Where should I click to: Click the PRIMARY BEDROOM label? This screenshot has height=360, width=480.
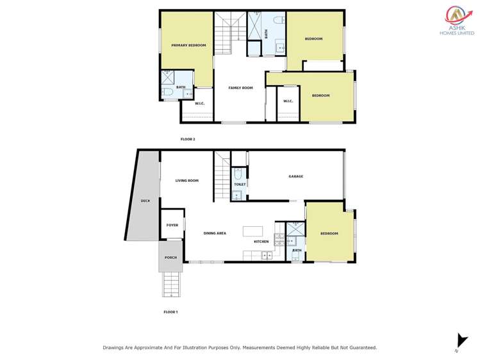coord(188,45)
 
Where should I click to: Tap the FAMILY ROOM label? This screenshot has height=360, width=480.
coord(241,88)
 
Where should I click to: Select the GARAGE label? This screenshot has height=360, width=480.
coord(295,176)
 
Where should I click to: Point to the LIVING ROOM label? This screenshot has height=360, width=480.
coord(187,181)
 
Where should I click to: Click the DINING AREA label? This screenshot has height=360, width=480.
coord(215,233)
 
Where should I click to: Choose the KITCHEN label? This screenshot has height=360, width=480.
coord(261,241)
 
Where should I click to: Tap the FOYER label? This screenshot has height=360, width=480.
coord(172,225)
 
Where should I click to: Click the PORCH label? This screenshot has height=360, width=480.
coord(170,258)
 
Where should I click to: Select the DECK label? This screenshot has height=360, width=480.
coord(145,201)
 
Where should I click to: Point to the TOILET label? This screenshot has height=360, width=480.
coord(239,184)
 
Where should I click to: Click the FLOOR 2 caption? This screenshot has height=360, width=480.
coord(188,139)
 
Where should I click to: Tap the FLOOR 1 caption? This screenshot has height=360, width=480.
coord(170,312)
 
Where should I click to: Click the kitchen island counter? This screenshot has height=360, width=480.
coord(252,231)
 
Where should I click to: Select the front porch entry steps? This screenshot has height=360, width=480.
coord(171,284)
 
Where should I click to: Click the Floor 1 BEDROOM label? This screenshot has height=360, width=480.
coord(329,233)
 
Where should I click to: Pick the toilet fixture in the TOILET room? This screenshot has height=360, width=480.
coord(238,174)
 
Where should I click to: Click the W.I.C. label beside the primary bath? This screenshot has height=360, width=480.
coord(199,103)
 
